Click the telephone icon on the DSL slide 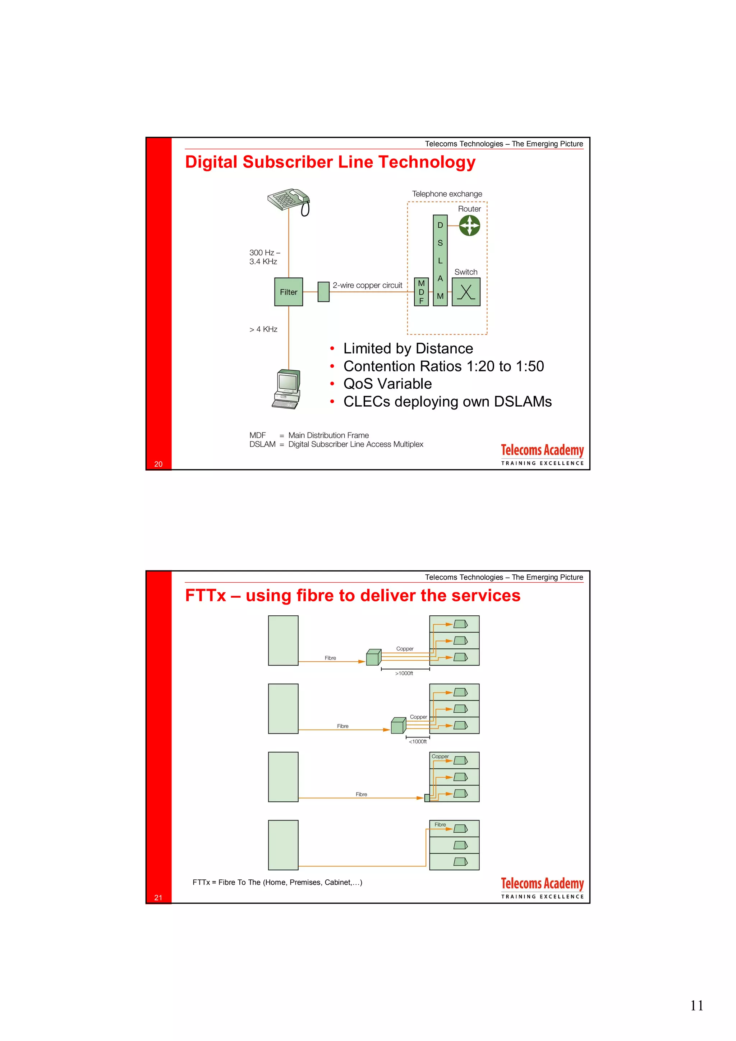tap(289, 201)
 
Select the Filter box tap(289, 292)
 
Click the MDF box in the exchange tap(421, 292)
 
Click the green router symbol tap(469, 225)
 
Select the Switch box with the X tap(466, 292)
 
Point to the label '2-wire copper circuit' tap(367, 285)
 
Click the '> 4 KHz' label tap(263, 329)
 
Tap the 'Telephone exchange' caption tap(447, 194)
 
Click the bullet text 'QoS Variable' tap(387, 384)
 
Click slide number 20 tap(158, 464)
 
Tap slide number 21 tap(158, 897)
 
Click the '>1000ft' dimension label tap(404, 673)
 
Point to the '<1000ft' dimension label tap(418, 741)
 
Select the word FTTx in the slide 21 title tap(206, 595)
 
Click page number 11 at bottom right tap(696, 1006)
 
